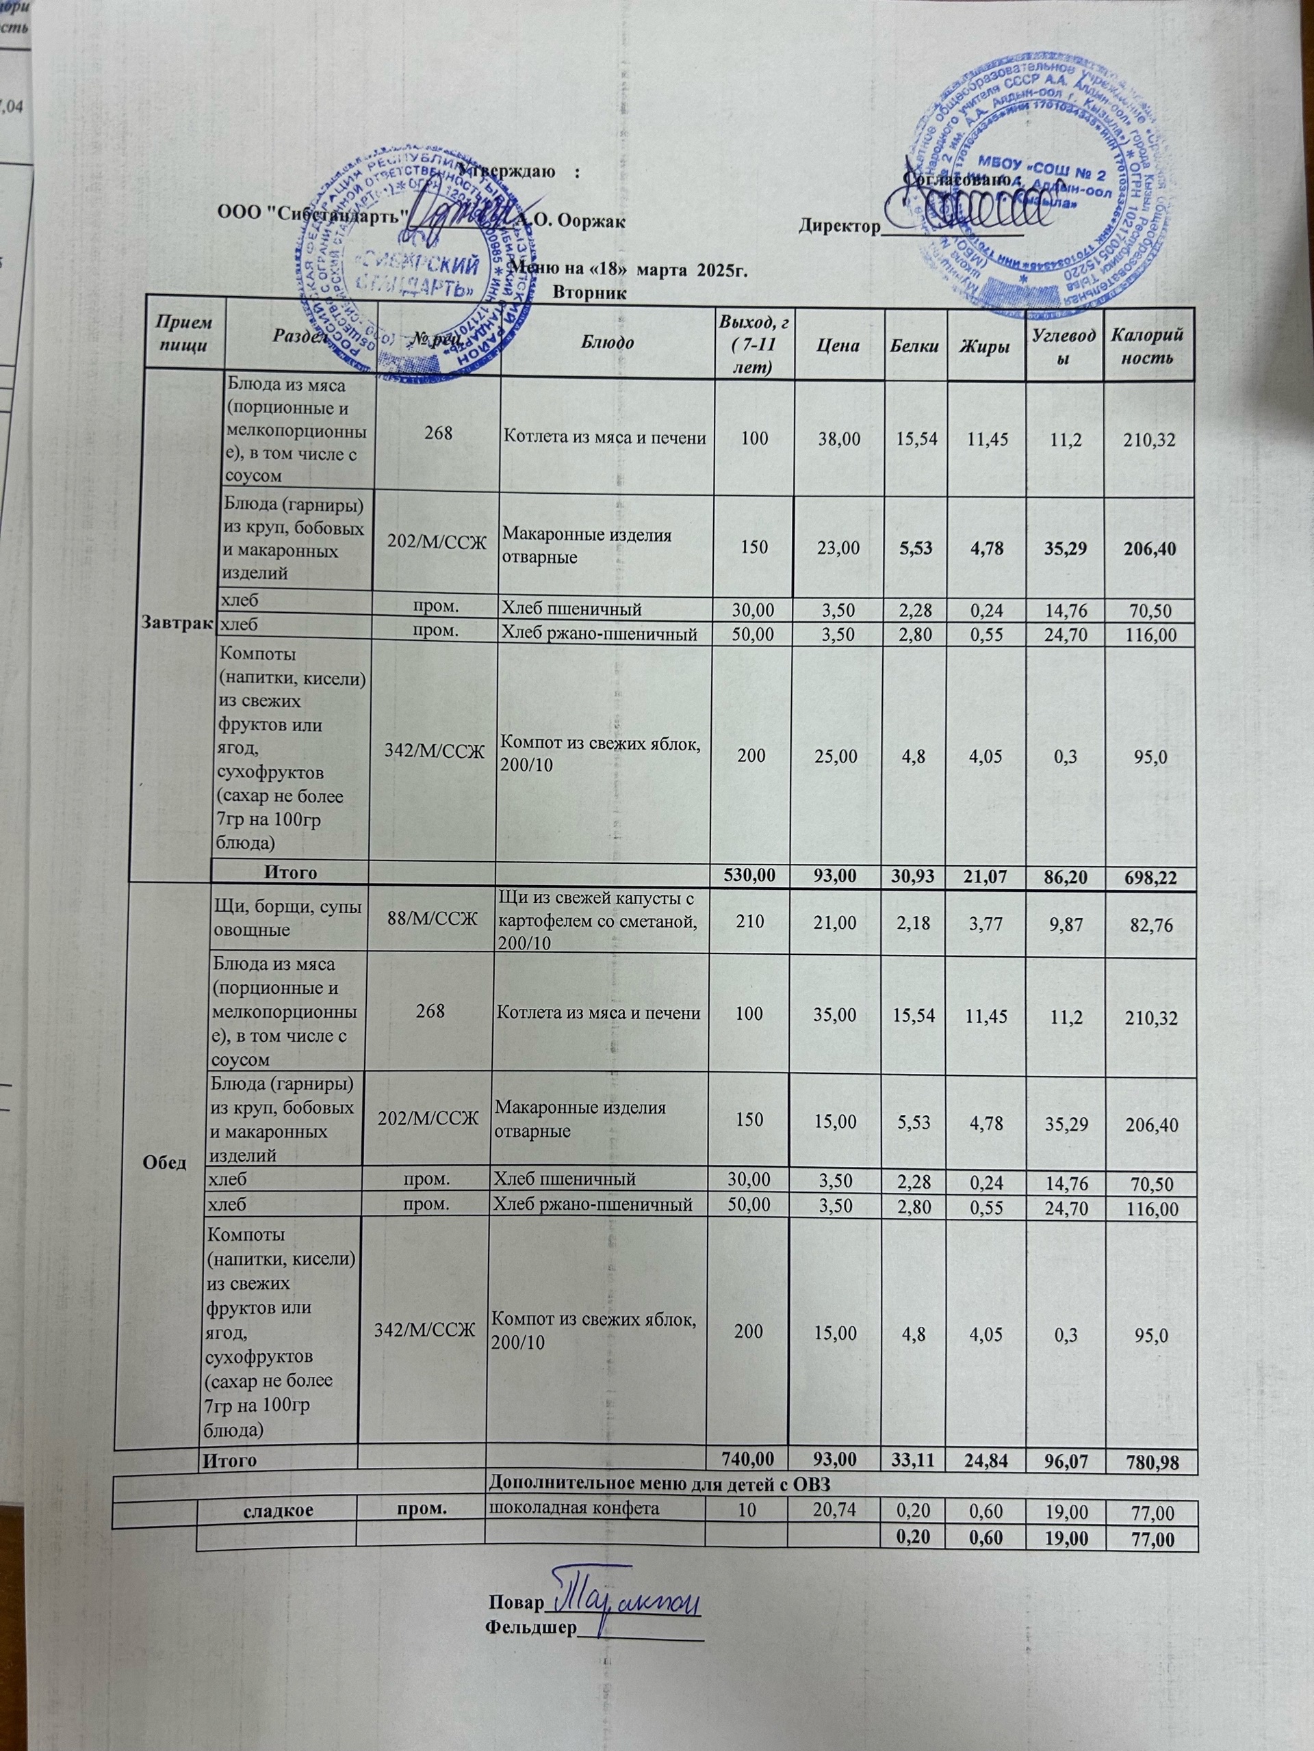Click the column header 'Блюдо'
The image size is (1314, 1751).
pyautogui.click(x=608, y=344)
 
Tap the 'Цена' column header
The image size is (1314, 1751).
pyautogui.click(x=837, y=345)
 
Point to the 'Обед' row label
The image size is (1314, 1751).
pyautogui.click(x=166, y=1162)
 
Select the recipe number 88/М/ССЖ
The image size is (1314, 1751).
pyautogui.click(x=432, y=918)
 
